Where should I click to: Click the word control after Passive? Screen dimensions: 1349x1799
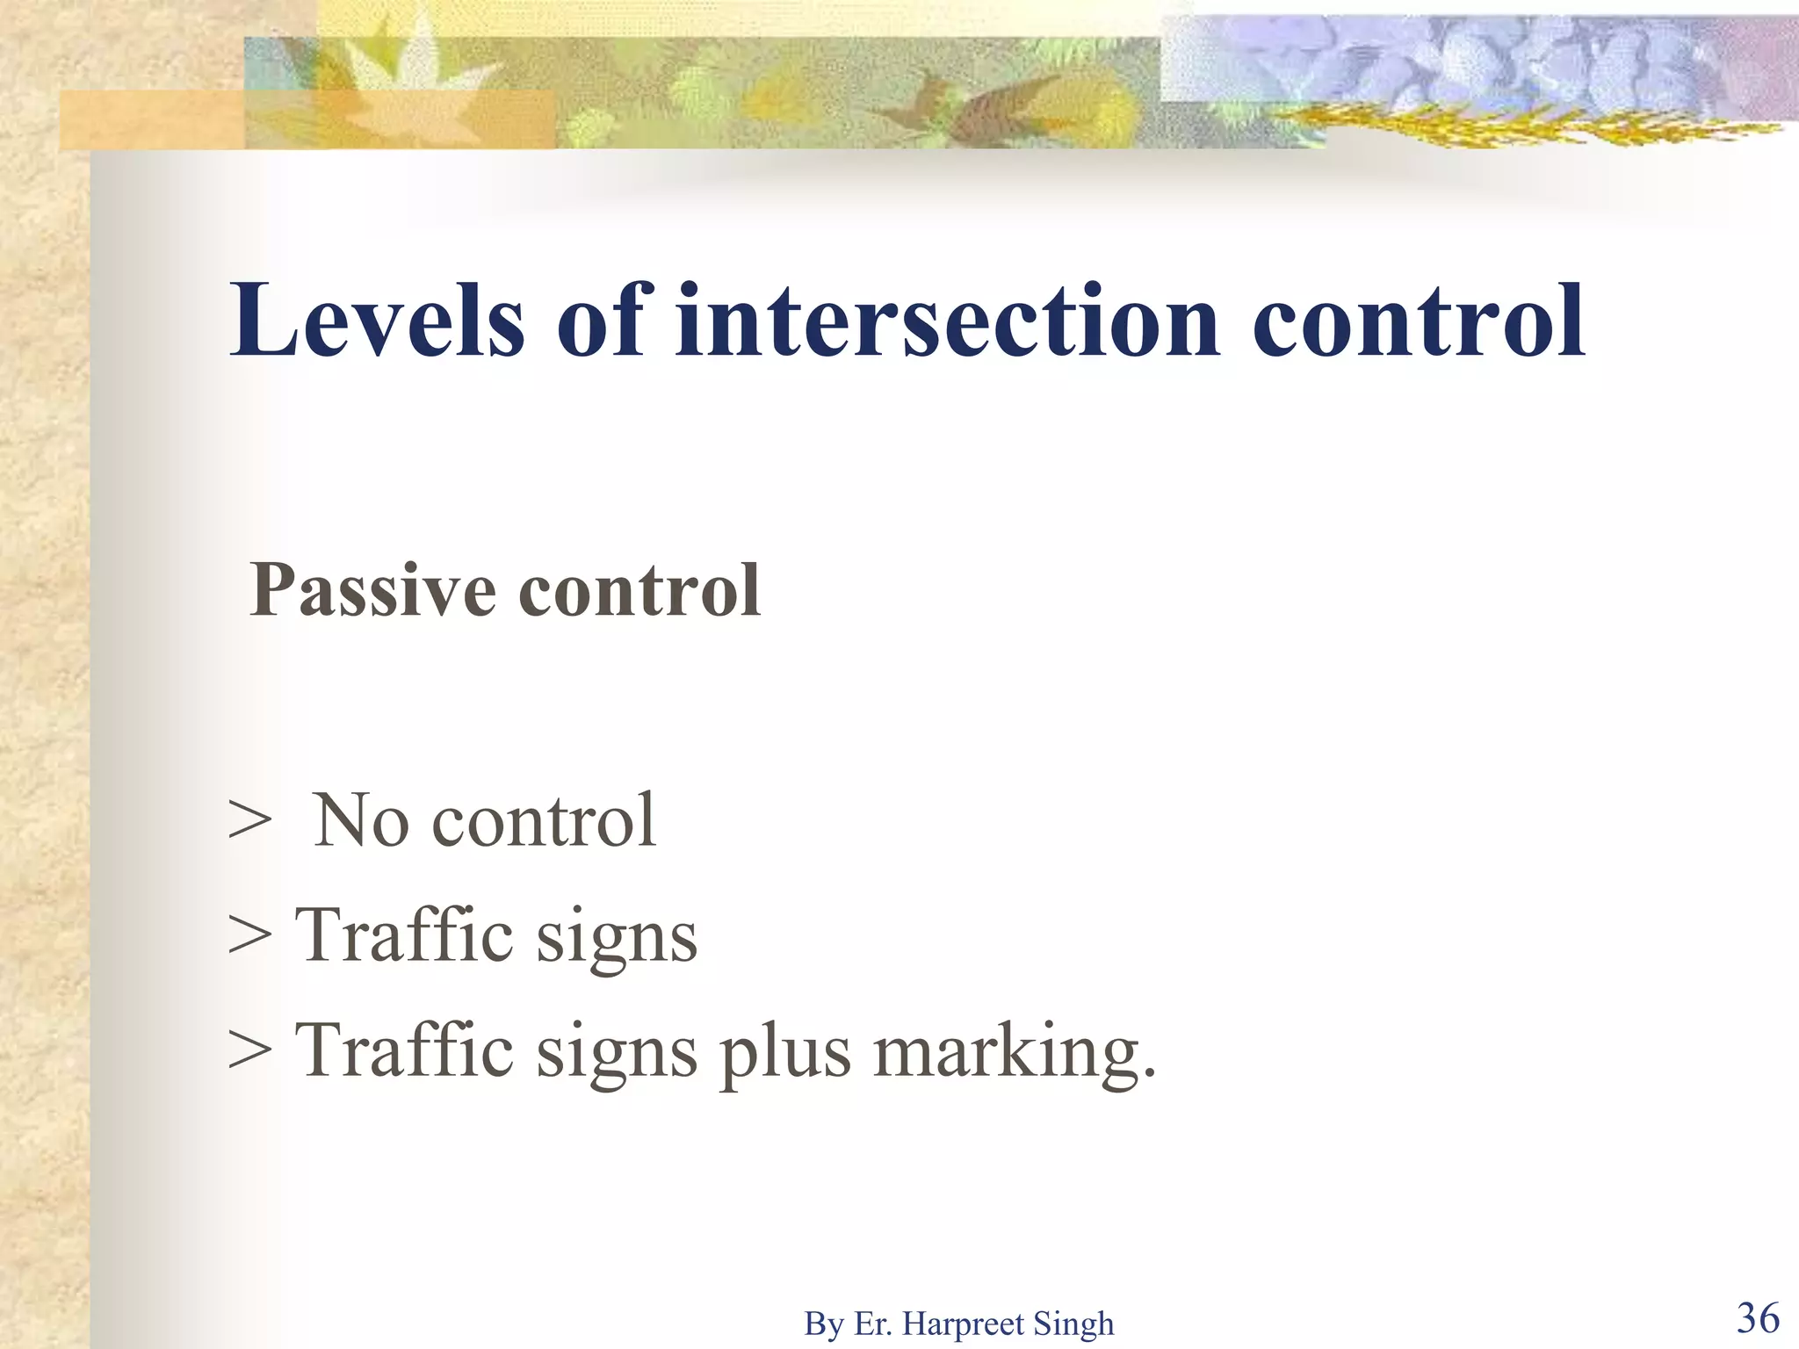pyautogui.click(x=639, y=591)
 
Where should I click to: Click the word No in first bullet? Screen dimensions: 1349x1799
pyautogui.click(x=361, y=820)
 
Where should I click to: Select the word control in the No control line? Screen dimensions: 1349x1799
pyautogui.click(x=544, y=820)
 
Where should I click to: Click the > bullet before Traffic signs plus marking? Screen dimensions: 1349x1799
pyautogui.click(x=249, y=1052)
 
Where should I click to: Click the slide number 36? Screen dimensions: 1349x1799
pyautogui.click(x=1758, y=1318)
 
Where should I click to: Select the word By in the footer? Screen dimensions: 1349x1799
pyautogui.click(x=823, y=1324)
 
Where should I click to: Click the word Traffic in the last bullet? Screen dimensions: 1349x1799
pyautogui.click(x=404, y=1051)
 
